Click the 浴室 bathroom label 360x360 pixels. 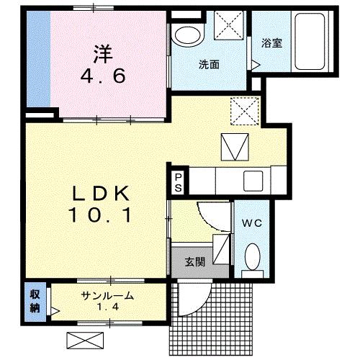click(x=271, y=43)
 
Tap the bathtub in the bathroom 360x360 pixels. click(x=310, y=42)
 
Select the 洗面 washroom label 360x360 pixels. click(x=209, y=65)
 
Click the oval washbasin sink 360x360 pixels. click(x=187, y=36)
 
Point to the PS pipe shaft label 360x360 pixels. click(x=178, y=183)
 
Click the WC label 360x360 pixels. click(x=252, y=223)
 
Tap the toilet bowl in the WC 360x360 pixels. click(x=252, y=256)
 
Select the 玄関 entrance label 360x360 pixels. click(x=195, y=262)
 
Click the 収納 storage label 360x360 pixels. click(x=35, y=301)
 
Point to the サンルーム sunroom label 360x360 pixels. click(x=107, y=296)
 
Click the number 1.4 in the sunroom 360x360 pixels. click(x=108, y=307)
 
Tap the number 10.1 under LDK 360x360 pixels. click(x=100, y=215)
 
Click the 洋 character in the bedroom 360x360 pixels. click(x=103, y=54)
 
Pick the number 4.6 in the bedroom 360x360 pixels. click(x=103, y=76)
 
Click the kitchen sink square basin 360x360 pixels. click(x=253, y=181)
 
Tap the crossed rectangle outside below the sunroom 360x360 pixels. click(x=85, y=341)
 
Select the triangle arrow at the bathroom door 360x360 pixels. click(x=256, y=65)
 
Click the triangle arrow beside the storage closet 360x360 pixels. click(x=55, y=311)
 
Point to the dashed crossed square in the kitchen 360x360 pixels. click(x=245, y=111)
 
